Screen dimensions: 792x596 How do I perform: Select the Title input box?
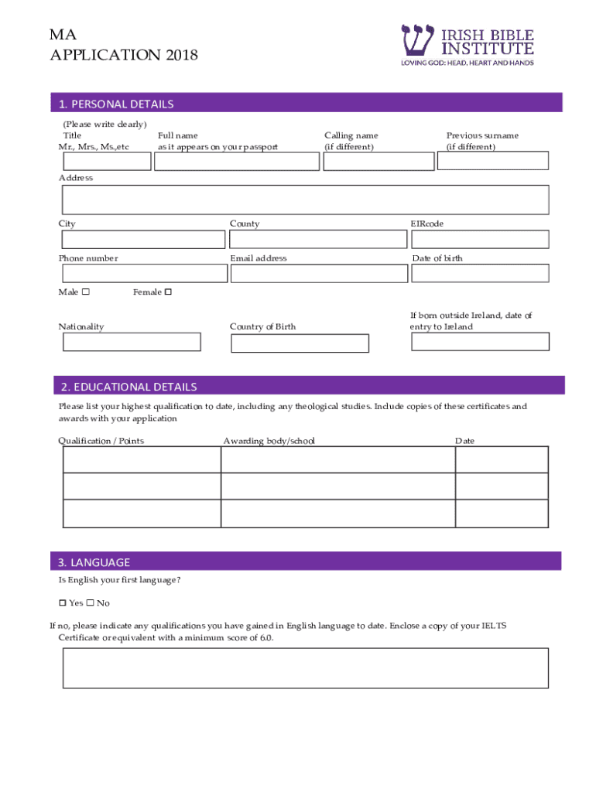tap(107, 161)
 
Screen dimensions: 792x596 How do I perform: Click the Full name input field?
tap(237, 161)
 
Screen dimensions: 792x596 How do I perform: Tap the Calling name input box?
tap(378, 161)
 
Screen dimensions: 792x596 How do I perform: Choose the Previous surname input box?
tap(493, 160)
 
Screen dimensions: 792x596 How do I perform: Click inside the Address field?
tap(305, 200)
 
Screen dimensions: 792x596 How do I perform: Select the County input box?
tap(318, 240)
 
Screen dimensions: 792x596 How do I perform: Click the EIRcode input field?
tap(480, 240)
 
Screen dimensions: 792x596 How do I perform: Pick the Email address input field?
tap(319, 274)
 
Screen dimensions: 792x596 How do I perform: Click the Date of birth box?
tap(480, 273)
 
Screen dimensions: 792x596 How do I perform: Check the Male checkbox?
tap(86, 292)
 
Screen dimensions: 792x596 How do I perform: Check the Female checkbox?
tap(168, 292)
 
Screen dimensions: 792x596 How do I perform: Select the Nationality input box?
tap(132, 342)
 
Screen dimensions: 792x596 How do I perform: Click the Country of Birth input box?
tap(300, 343)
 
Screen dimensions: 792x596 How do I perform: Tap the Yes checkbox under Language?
tap(63, 603)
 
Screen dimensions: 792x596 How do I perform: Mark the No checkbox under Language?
tap(90, 603)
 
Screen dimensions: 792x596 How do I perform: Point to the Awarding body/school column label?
tap(269, 441)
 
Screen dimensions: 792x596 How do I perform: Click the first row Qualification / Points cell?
tap(142, 459)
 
